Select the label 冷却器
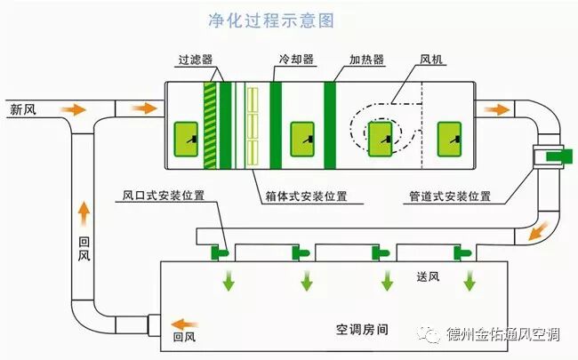pos(295,60)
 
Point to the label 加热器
pos(365,61)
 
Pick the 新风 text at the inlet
pos(23,111)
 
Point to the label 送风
pos(429,276)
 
